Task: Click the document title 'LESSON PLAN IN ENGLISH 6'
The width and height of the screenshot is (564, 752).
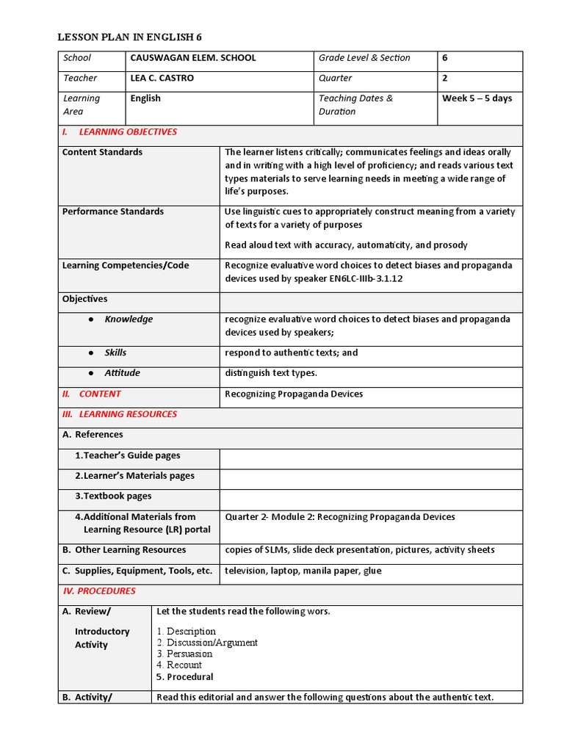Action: tap(134, 37)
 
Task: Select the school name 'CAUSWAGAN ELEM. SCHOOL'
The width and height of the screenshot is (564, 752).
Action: tap(193, 58)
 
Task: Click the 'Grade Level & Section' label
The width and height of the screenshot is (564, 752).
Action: tap(364, 58)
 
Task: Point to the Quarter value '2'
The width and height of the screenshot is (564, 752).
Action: tap(445, 79)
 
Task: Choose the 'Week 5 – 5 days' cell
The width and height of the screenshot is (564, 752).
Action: tap(477, 98)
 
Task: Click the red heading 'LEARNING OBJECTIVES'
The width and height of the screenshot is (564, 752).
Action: tap(128, 132)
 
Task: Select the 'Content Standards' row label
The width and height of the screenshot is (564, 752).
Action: tap(102, 153)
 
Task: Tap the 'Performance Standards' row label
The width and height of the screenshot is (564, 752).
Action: tap(113, 212)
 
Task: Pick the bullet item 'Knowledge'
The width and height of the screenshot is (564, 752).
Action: tap(129, 319)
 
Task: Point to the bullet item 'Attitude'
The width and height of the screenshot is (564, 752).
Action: tap(122, 373)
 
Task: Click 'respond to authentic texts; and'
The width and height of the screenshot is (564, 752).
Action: tap(292, 353)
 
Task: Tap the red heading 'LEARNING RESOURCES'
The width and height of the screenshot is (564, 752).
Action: tap(128, 414)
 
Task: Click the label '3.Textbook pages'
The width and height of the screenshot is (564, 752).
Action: tap(113, 496)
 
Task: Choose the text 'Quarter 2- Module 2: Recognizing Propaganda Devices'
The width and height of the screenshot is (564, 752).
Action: tap(340, 517)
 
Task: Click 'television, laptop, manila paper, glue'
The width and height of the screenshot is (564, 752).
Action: tap(303, 571)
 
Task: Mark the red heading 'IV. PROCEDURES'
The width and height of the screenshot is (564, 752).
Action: tap(99, 591)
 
